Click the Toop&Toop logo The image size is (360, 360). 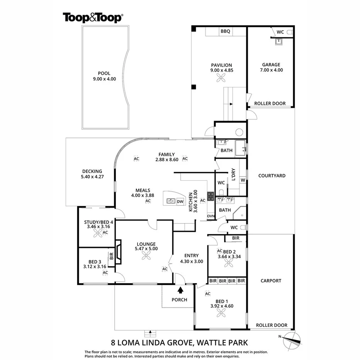click(x=93, y=17)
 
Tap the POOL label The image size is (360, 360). click(x=104, y=73)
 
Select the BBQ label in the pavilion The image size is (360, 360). click(x=225, y=32)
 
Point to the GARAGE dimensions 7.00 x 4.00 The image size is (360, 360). click(x=271, y=70)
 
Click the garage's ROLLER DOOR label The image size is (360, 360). click(x=270, y=104)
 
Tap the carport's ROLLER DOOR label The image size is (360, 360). click(x=272, y=325)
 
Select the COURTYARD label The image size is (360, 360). click(x=272, y=175)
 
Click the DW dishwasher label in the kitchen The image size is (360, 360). click(x=180, y=201)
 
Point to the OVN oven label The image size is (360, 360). click(x=211, y=216)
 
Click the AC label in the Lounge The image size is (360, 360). click(x=165, y=269)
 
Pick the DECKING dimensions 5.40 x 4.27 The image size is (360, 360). click(x=92, y=177)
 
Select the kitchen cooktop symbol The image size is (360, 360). click(x=211, y=196)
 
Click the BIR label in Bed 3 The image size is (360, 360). click(x=112, y=256)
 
